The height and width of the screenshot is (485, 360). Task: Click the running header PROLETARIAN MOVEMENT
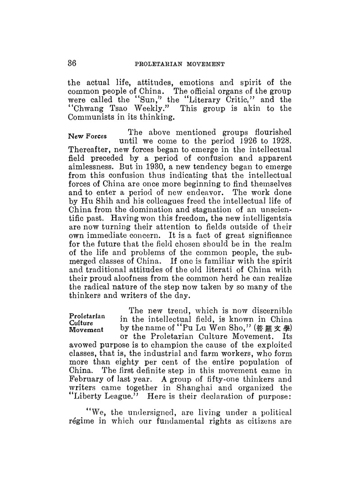(180, 64)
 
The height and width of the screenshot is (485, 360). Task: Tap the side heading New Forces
(87, 136)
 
